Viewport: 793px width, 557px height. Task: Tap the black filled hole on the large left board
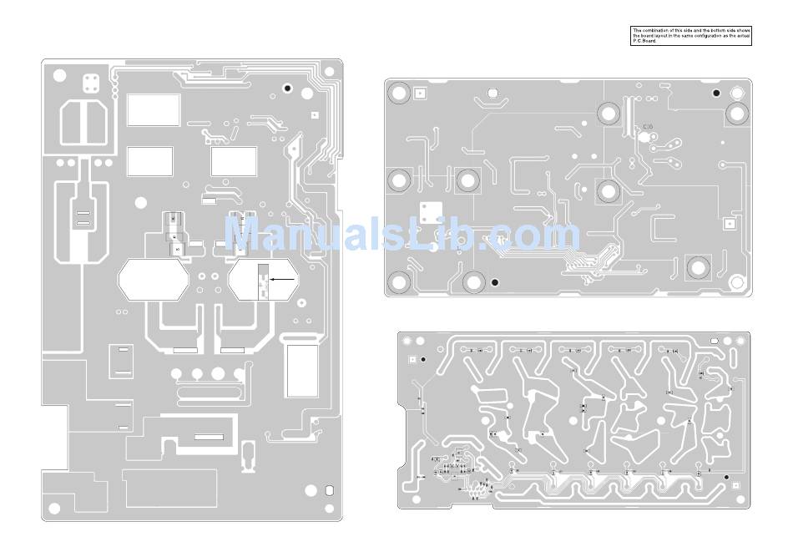click(288, 88)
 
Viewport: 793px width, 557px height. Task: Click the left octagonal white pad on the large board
click(154, 280)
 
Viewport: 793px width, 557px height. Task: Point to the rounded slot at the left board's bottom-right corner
click(328, 490)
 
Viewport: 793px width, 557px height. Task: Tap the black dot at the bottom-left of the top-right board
click(495, 282)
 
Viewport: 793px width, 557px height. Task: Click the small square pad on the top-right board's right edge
click(730, 224)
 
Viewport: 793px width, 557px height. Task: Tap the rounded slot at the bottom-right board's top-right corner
click(714, 342)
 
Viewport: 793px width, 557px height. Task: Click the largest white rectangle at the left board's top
click(154, 109)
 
